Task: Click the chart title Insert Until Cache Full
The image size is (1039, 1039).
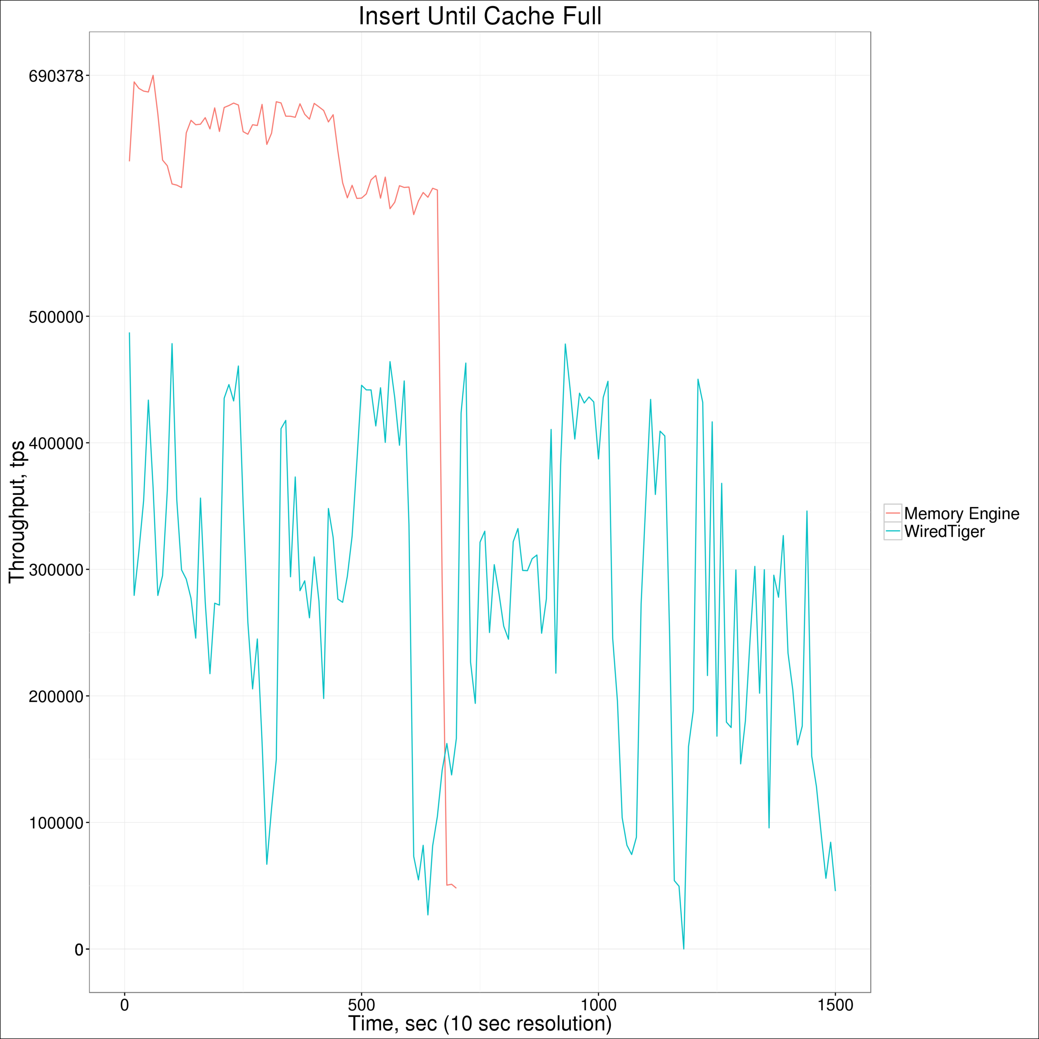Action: [480, 16]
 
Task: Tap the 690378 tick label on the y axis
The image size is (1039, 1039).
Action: [56, 76]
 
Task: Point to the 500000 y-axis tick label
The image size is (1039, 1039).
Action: [56, 317]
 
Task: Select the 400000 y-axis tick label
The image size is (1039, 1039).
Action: [56, 444]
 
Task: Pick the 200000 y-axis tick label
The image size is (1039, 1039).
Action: [56, 696]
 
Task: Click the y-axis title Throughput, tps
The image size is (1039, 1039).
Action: [17, 511]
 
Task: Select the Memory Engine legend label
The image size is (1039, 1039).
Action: [961, 513]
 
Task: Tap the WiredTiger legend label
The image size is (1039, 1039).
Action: [944, 531]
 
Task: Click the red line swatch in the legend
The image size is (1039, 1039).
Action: [893, 513]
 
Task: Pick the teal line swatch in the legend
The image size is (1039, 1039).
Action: [893, 531]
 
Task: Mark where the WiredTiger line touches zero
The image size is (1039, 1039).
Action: [683, 948]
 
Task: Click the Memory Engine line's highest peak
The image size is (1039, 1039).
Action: [153, 75]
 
